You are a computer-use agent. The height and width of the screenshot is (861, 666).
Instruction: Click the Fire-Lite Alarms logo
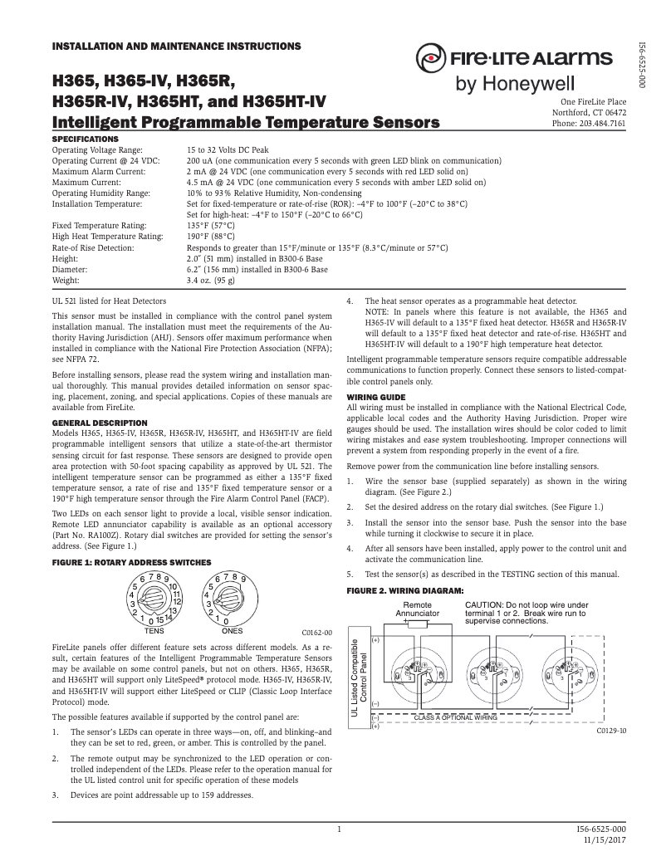515,59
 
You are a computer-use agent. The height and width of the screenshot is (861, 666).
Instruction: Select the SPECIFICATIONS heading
86,138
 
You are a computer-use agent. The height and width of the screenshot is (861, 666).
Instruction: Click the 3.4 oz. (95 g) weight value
211,281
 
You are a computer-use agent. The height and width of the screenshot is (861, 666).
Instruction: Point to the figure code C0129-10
611,731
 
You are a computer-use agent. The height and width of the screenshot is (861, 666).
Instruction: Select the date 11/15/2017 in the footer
605,840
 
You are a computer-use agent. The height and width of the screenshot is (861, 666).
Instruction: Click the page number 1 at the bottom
340,829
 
